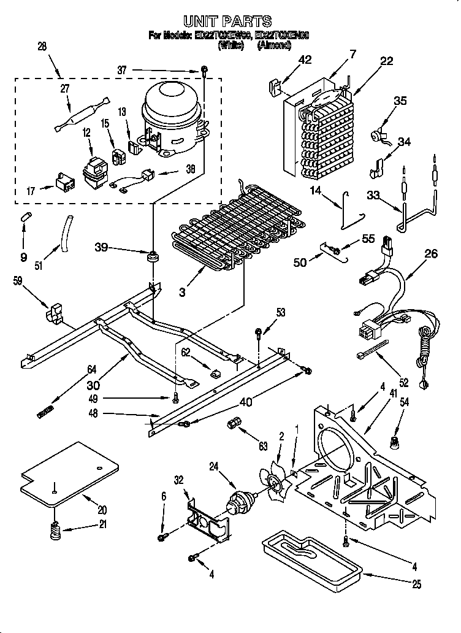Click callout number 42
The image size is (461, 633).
point(305,59)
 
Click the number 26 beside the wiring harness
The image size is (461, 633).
point(431,254)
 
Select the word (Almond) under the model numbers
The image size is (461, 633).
point(273,45)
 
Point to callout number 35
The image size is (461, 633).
point(400,101)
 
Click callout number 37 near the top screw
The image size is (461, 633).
point(122,71)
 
